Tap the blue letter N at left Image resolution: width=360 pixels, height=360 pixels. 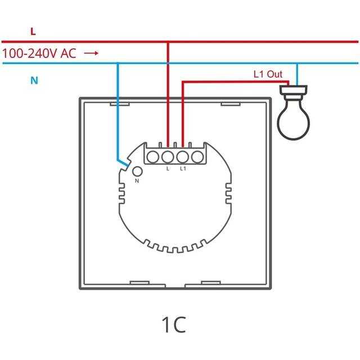(x=34, y=80)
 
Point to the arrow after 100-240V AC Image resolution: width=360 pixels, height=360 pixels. (x=92, y=53)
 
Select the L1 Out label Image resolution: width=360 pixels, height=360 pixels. (x=268, y=74)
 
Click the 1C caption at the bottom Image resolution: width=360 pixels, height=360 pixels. (x=173, y=325)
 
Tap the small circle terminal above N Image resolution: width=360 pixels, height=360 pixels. (x=137, y=172)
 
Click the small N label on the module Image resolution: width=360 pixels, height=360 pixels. (x=137, y=181)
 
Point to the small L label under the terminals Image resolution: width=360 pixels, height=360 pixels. (x=168, y=168)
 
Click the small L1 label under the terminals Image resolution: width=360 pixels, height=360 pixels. (x=182, y=168)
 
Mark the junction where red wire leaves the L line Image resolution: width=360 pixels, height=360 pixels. (x=168, y=42)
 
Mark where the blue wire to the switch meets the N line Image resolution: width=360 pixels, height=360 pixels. (x=118, y=63)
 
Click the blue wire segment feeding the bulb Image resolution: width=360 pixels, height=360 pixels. (x=296, y=73)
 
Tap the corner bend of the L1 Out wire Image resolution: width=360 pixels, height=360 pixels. (x=182, y=82)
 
